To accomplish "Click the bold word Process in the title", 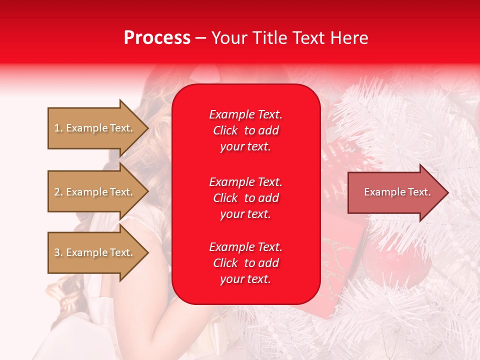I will [x=157, y=38].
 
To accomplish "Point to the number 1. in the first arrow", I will [x=58, y=128].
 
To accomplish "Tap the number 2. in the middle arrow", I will [x=58, y=192].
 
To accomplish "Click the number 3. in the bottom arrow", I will [x=58, y=252].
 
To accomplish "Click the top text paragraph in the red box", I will [x=245, y=130].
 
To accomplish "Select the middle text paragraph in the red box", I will [x=245, y=198].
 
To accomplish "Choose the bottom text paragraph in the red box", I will [x=245, y=263].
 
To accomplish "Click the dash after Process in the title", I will [x=200, y=38].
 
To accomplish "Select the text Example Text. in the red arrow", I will [x=397, y=192].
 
